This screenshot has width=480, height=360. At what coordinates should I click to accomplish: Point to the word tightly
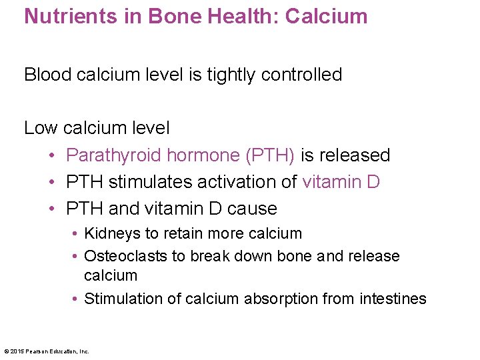[x=231, y=75]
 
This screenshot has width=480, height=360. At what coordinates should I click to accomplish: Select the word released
[x=355, y=155]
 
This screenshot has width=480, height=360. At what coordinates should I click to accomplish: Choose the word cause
[x=252, y=209]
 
